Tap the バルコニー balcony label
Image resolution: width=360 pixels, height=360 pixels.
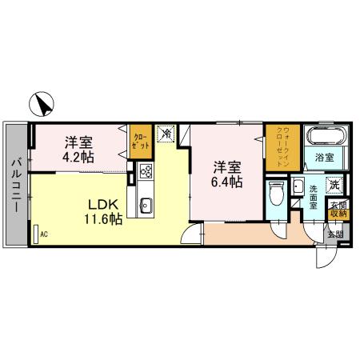pyautogui.click(x=15, y=185)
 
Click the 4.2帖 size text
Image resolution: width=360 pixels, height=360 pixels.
pyautogui.click(x=79, y=157)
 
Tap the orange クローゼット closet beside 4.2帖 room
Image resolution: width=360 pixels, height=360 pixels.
pyautogui.click(x=139, y=145)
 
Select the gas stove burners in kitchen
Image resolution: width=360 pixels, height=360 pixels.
pyautogui.click(x=146, y=170)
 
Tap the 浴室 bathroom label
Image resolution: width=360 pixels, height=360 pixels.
pyautogui.click(x=323, y=158)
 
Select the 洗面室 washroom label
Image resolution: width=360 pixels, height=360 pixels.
pyautogui.click(x=314, y=197)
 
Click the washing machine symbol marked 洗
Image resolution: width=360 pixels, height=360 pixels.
pyautogui.click(x=336, y=183)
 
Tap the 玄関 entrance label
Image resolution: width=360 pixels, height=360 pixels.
pyautogui.click(x=334, y=234)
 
